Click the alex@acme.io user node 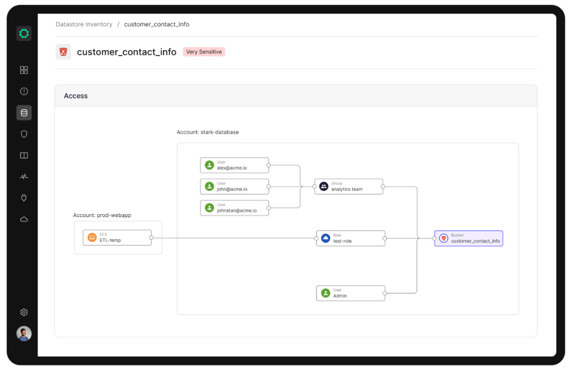pyautogui.click(x=234, y=165)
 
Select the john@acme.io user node pyautogui.click(x=234, y=187)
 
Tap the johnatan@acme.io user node pyautogui.click(x=234, y=208)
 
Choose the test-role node pyautogui.click(x=350, y=238)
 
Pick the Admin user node pyautogui.click(x=350, y=293)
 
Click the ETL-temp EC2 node pyautogui.click(x=117, y=237)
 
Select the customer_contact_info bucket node pyautogui.click(x=469, y=238)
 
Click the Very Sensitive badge pyautogui.click(x=204, y=52)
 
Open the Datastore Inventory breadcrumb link pyautogui.click(x=84, y=24)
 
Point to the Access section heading pyautogui.click(x=76, y=96)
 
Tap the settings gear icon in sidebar pyautogui.click(x=24, y=312)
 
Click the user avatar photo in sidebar pyautogui.click(x=24, y=333)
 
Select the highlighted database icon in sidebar pyautogui.click(x=24, y=113)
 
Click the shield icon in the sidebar pyautogui.click(x=24, y=134)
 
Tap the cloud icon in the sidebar pyautogui.click(x=24, y=219)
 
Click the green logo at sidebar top pyautogui.click(x=24, y=34)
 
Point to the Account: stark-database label pyautogui.click(x=208, y=132)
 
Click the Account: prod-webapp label pyautogui.click(x=102, y=215)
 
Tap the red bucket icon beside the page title pyautogui.click(x=63, y=52)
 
